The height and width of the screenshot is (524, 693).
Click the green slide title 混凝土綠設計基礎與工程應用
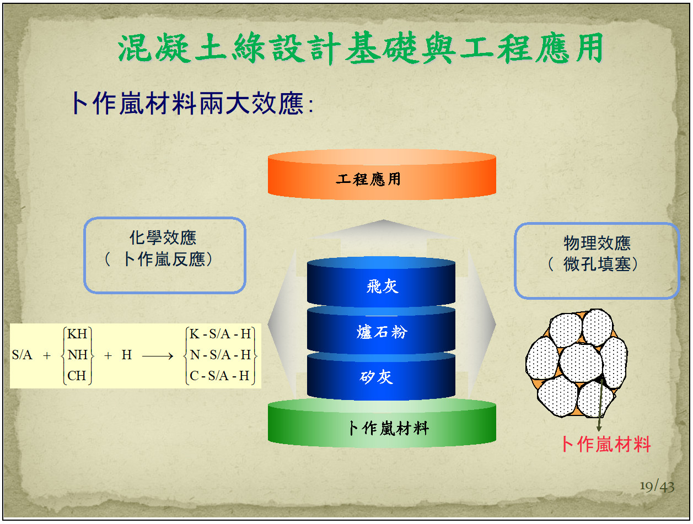pos(360,48)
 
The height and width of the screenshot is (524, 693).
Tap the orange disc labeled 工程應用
pos(382,175)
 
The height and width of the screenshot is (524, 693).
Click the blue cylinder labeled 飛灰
pos(381,282)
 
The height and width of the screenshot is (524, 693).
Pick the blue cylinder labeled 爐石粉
pos(381,329)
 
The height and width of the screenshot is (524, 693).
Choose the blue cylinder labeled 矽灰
pos(381,376)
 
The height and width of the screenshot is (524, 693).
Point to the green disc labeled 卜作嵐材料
pos(382,423)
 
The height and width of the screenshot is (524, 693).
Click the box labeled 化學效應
pos(165,256)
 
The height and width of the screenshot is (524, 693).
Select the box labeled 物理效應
pos(597,261)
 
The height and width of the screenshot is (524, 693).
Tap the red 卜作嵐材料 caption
pos(606,444)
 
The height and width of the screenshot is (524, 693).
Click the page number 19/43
pos(657,486)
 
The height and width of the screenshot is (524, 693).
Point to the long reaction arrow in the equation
pos(158,356)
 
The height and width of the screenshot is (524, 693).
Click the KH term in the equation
pos(77,334)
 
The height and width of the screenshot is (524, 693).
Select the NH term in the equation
pos(77,355)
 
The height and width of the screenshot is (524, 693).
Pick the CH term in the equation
pos(77,376)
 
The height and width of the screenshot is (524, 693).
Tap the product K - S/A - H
pos(220,334)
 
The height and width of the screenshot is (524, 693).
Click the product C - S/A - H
pos(219,376)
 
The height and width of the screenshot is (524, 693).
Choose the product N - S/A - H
pos(221,355)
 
